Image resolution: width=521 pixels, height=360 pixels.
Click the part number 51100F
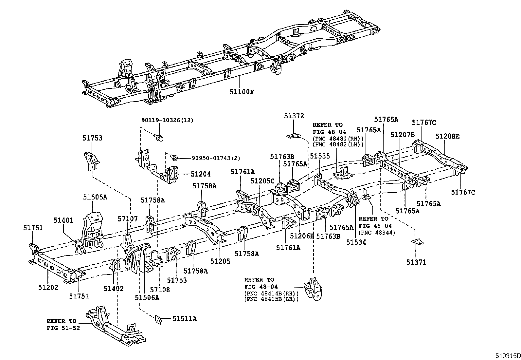(x=242, y=92)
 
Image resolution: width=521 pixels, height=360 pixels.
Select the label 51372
(x=294, y=116)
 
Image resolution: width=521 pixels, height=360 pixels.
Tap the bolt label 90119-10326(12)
(x=167, y=120)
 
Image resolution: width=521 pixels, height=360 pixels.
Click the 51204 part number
(x=201, y=174)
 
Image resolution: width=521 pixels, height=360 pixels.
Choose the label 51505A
(x=95, y=197)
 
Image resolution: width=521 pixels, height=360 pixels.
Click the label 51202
(x=48, y=288)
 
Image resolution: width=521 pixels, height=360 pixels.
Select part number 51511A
(x=185, y=318)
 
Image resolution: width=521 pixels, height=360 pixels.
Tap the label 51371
(x=416, y=262)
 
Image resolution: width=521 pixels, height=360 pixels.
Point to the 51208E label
(x=447, y=137)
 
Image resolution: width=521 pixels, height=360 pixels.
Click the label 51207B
(x=402, y=135)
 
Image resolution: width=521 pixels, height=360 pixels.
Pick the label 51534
(x=356, y=242)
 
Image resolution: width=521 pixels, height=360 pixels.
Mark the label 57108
(x=160, y=290)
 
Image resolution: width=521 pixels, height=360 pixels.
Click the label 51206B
(x=302, y=236)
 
